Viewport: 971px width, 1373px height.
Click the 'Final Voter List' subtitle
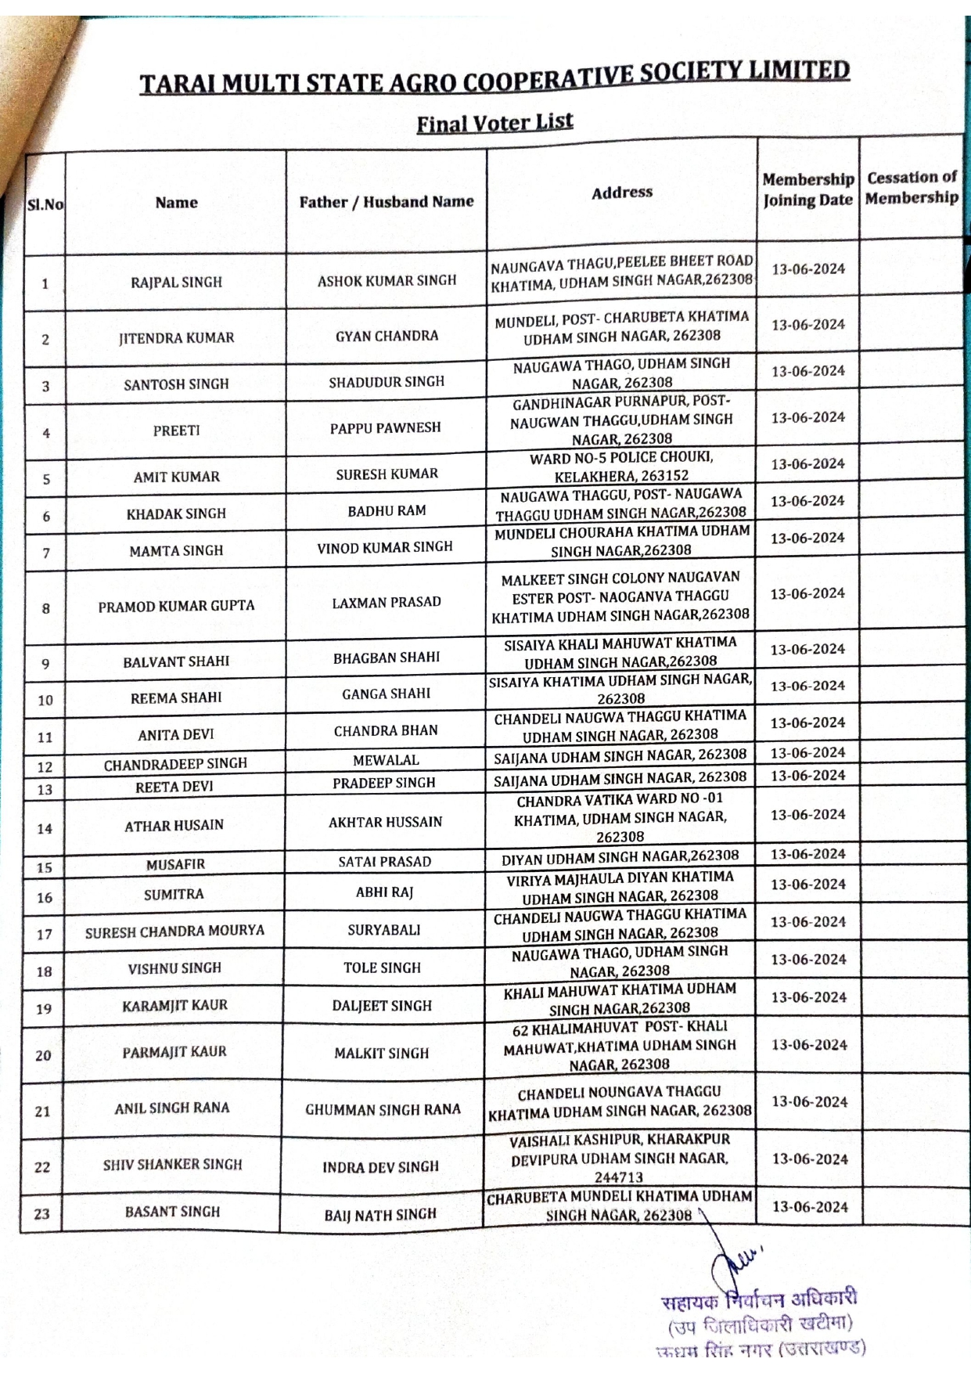tap(494, 123)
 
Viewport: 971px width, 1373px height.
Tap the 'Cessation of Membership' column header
tap(912, 188)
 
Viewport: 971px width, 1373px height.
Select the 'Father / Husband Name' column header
tap(387, 202)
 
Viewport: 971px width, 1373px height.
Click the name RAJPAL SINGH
tap(176, 282)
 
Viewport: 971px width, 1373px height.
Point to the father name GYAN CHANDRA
tap(387, 336)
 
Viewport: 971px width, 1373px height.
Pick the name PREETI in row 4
tap(176, 430)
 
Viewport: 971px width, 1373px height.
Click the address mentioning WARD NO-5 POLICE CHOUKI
tap(621, 467)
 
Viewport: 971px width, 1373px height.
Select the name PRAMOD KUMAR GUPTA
tap(176, 606)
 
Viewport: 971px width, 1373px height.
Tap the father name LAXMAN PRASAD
tap(387, 602)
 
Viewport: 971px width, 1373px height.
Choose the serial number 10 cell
tap(45, 700)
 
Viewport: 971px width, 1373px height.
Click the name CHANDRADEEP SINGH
tap(175, 764)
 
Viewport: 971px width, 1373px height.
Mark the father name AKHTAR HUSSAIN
tap(385, 822)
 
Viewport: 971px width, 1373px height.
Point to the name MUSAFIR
tap(175, 864)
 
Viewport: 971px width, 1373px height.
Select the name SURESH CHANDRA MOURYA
tap(174, 931)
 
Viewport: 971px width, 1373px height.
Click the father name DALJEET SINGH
tap(382, 1005)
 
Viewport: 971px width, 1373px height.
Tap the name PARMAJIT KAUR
tap(174, 1052)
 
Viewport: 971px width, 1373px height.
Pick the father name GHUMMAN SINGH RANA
tap(383, 1109)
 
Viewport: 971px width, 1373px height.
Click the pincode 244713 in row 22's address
tap(619, 1177)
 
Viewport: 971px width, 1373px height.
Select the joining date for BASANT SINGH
tap(810, 1206)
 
